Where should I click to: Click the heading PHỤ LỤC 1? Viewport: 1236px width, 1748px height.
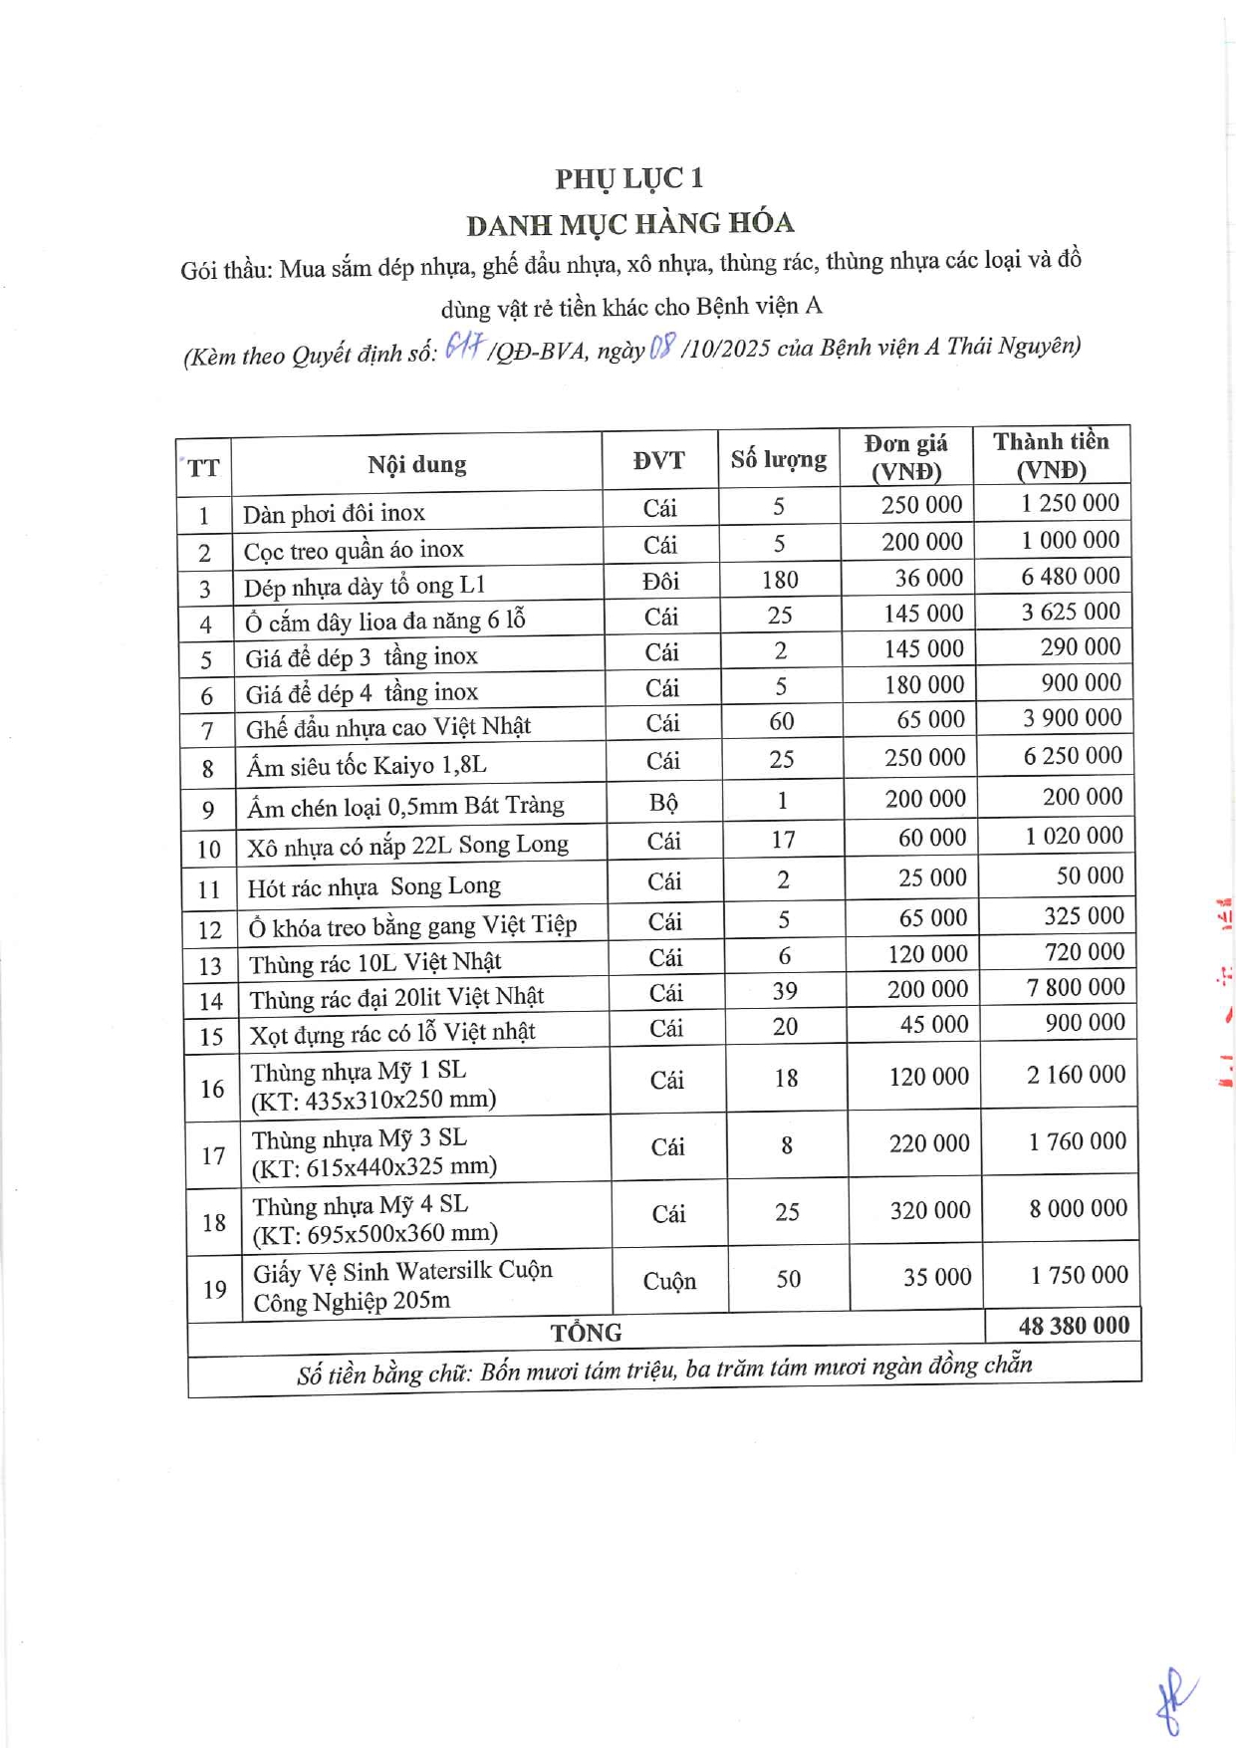pyautogui.click(x=629, y=178)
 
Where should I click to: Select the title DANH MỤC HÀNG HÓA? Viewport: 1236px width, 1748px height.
pyautogui.click(x=629, y=223)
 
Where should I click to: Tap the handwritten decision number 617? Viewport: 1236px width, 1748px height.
pyautogui.click(x=463, y=346)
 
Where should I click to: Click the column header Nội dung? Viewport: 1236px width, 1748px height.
pyautogui.click(x=416, y=464)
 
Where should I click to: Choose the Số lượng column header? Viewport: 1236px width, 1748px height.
pyautogui.click(x=778, y=459)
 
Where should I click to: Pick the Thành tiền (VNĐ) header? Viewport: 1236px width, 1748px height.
pyautogui.click(x=1051, y=455)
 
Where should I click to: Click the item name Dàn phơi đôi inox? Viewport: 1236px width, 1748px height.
pyautogui.click(x=334, y=513)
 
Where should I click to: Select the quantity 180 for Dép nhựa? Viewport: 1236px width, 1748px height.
pyautogui.click(x=780, y=580)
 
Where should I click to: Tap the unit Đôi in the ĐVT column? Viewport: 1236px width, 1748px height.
pyautogui.click(x=659, y=581)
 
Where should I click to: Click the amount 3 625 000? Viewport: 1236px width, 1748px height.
pyautogui.click(x=1071, y=612)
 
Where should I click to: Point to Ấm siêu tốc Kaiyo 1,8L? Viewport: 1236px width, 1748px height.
pyautogui.click(x=367, y=766)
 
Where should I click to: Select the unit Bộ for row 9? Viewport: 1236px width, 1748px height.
pyautogui.click(x=663, y=803)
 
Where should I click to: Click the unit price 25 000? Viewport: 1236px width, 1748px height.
pyautogui.click(x=932, y=877)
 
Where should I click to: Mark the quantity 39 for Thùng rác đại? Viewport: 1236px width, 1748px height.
pyautogui.click(x=785, y=991)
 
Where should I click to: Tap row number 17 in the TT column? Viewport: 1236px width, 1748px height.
pyautogui.click(x=213, y=1155)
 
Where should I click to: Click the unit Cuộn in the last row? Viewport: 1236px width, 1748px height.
pyautogui.click(x=669, y=1281)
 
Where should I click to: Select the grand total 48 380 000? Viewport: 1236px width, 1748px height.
pyautogui.click(x=1074, y=1326)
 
